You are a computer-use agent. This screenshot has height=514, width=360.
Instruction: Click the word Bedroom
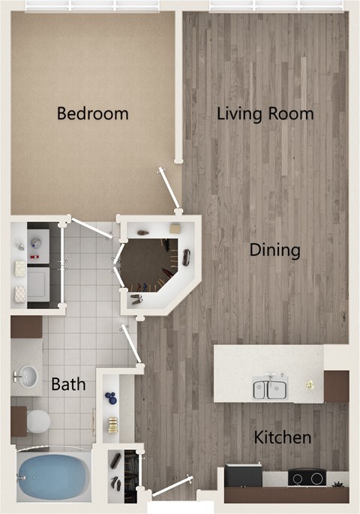pyautogui.click(x=93, y=114)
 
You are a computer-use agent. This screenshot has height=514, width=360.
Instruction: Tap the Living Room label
pyautogui.click(x=265, y=114)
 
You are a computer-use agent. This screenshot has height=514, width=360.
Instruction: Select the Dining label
pyautogui.click(x=275, y=250)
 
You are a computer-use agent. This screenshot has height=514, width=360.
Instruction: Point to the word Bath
pyautogui.click(x=68, y=385)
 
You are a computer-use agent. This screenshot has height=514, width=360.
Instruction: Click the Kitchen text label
pyautogui.click(x=282, y=437)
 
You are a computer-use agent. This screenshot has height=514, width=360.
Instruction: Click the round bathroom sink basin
pyautogui.click(x=28, y=376)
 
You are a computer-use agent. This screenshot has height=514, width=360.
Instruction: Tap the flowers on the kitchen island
pyautogui.click(x=309, y=384)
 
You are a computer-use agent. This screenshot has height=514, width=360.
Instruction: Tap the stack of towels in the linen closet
pyautogui.click(x=113, y=425)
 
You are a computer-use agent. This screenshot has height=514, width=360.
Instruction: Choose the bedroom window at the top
pyautogui.click(x=92, y=5)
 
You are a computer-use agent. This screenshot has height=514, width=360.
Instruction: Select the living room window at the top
pyautogui.click(x=277, y=5)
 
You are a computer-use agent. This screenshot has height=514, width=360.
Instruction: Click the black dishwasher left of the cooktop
pyautogui.click(x=243, y=476)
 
